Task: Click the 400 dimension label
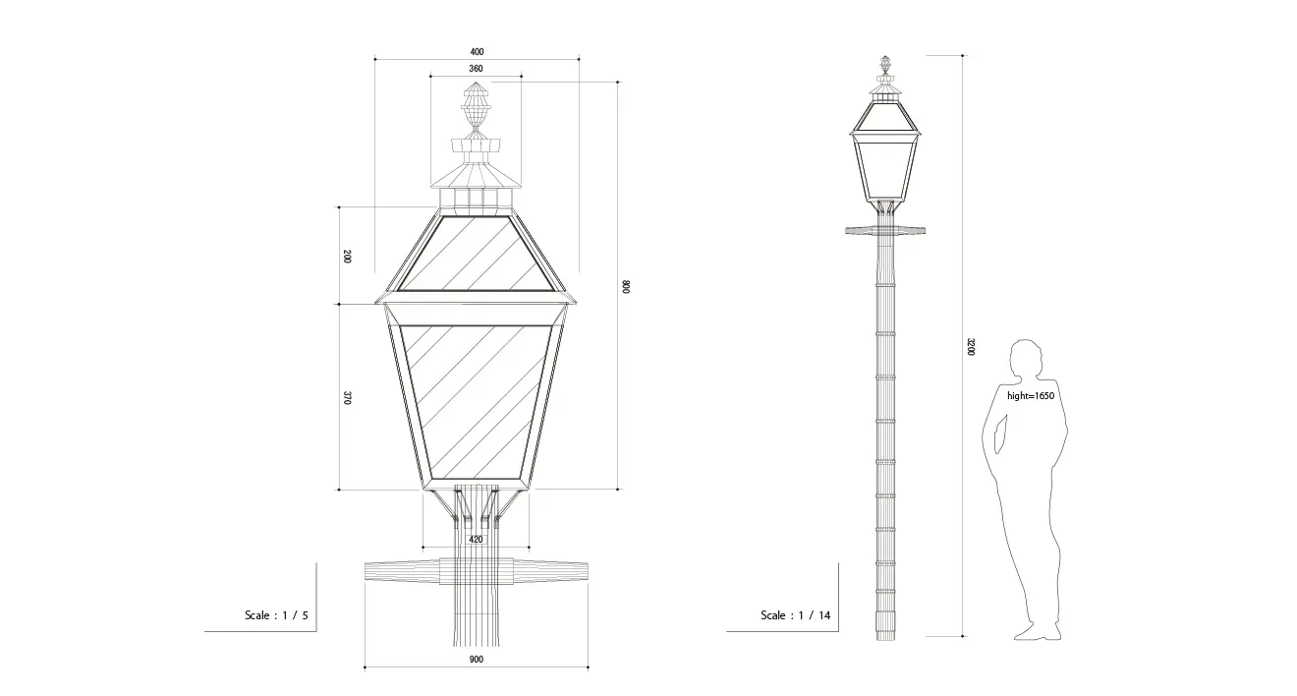[477, 51]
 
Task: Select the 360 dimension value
[476, 69]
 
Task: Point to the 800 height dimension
[625, 286]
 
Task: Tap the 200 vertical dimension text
[347, 257]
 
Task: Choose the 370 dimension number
[347, 397]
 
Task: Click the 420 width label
[476, 540]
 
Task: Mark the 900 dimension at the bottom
[476, 659]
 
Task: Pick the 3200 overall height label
[971, 347]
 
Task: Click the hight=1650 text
[1031, 396]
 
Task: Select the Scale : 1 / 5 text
[276, 614]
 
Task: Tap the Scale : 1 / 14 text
[796, 614]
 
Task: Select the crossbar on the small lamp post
[885, 231]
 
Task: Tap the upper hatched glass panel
[476, 254]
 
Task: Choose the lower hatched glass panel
[476, 402]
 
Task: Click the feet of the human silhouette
[1039, 632]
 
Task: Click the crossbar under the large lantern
[476, 571]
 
